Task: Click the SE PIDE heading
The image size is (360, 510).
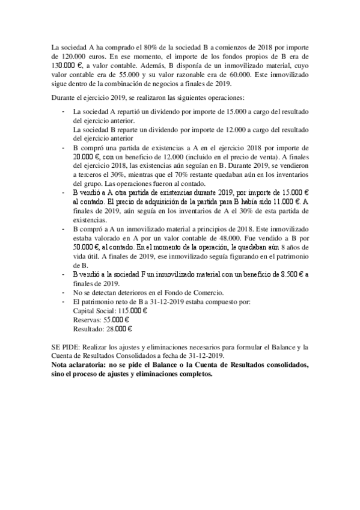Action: [66, 347]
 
